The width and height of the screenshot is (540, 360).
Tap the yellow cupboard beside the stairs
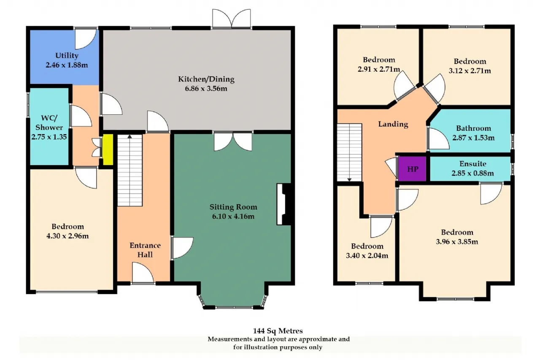click(108, 149)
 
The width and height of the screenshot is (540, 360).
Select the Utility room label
click(67, 56)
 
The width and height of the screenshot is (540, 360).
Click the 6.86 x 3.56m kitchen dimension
click(206, 89)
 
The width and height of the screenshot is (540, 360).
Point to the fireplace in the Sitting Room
click(284, 204)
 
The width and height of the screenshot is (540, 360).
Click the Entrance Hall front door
click(143, 273)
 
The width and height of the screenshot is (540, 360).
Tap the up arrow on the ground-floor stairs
click(130, 137)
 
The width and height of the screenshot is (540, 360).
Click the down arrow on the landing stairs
click(349, 179)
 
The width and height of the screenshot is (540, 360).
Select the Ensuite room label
click(472, 164)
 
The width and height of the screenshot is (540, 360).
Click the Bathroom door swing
click(438, 139)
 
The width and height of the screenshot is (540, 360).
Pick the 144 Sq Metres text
click(278, 330)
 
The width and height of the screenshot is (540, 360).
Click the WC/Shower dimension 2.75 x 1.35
click(49, 137)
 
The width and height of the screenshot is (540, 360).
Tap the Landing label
click(393, 124)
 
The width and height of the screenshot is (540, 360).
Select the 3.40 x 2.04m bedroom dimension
click(367, 256)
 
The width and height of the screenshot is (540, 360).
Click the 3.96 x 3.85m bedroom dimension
click(457, 241)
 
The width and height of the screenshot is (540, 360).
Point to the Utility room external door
click(86, 38)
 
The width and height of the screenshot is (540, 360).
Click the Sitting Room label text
click(233, 207)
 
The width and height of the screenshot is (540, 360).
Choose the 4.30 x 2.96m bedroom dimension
click(67, 236)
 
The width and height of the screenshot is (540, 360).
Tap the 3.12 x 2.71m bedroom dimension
click(470, 70)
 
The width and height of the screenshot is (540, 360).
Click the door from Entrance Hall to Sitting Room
click(182, 248)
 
